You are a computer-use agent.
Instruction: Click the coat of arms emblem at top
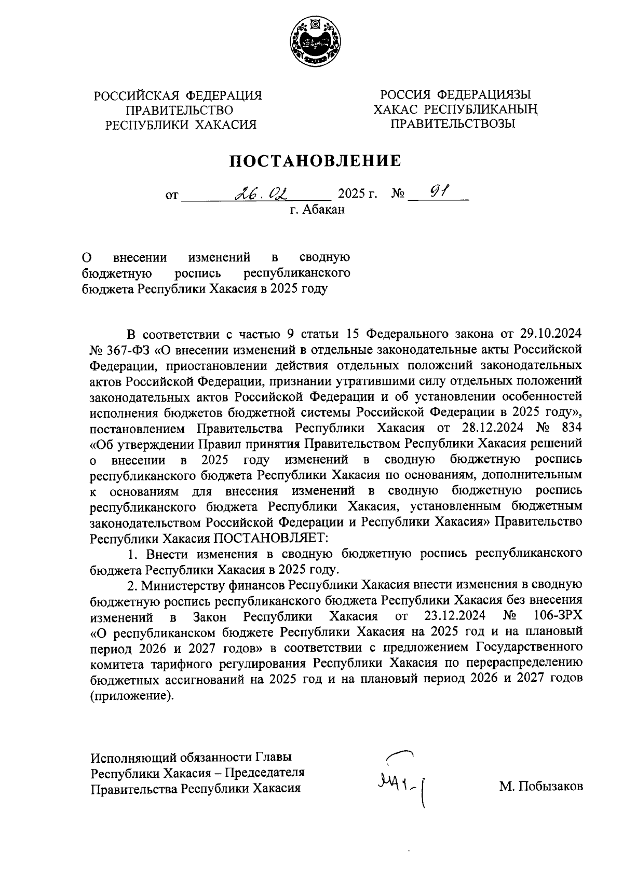(x=315, y=42)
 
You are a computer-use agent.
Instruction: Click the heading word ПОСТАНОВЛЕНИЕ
(x=316, y=161)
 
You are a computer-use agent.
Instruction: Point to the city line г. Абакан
(x=317, y=210)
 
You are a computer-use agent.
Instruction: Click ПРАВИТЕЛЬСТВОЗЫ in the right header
(x=452, y=124)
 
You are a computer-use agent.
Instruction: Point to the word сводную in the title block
(x=324, y=257)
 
